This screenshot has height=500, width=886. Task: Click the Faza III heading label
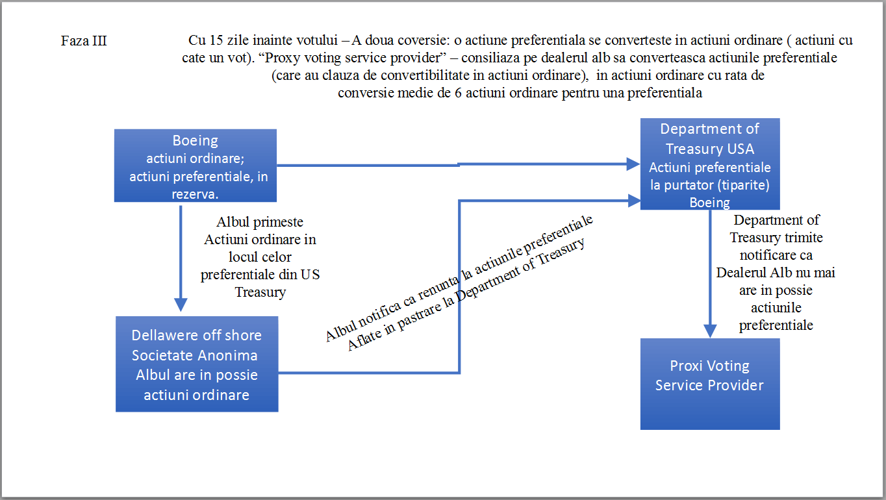pos(84,41)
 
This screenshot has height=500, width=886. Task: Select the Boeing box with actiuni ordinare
pos(196,166)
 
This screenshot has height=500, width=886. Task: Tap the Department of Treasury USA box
pos(710,164)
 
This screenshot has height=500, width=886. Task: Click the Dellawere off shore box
pos(197,364)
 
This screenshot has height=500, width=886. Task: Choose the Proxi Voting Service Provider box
pos(710,384)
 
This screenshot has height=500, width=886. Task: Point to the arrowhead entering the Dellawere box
pos(181,305)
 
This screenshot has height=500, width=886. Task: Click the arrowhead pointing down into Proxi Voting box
pos(710,331)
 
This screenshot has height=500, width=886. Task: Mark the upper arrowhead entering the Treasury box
pos(634,164)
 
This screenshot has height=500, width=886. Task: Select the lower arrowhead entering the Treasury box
pos(635,201)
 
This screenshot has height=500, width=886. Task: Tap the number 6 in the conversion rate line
pos(458,93)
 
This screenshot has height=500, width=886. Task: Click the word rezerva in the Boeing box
pos(195,194)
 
